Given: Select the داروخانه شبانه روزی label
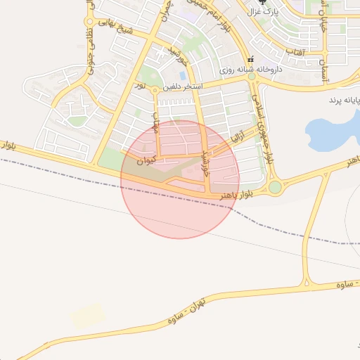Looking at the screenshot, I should pos(251,70).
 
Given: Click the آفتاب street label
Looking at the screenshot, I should pos(295,51).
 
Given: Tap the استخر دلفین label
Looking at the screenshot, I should pos(183,87).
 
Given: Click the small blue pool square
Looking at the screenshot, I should pos(183,75).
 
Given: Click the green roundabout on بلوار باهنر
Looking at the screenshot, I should pos(274,187).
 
